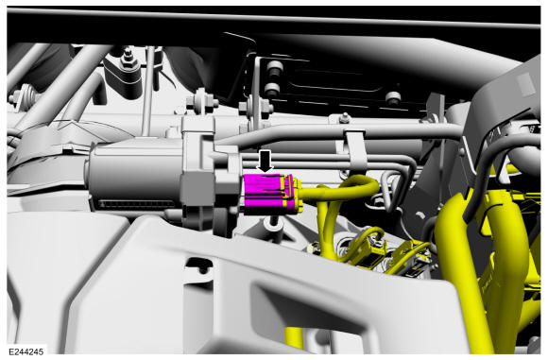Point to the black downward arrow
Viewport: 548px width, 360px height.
coord(265,161)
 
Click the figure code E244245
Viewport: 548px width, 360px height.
coord(26,351)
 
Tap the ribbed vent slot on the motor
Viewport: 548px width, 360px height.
coord(136,204)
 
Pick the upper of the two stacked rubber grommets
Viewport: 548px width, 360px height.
coord(273,67)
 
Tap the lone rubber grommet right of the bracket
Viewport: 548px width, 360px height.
coord(393,98)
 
